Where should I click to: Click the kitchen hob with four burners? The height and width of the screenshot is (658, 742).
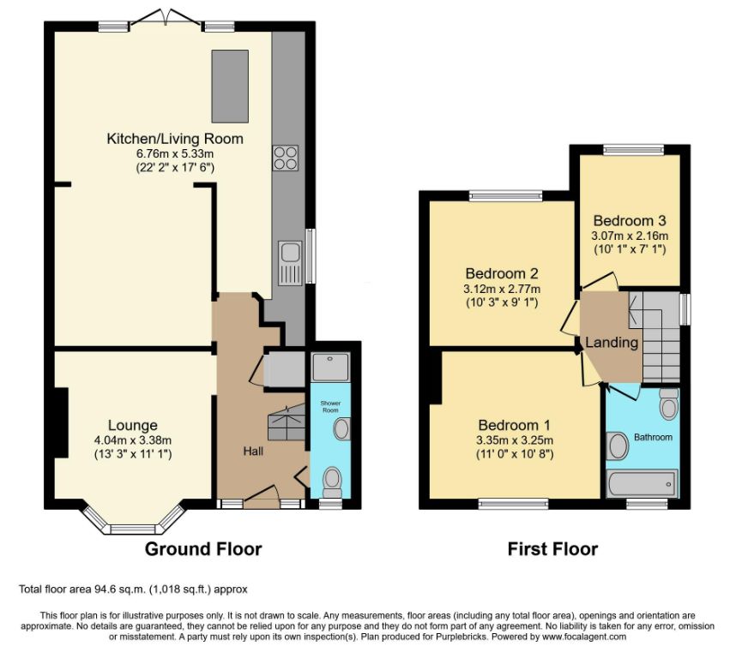[286, 158]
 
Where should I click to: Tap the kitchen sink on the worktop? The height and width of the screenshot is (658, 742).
[290, 263]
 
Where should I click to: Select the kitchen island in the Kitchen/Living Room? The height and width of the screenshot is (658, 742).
[230, 86]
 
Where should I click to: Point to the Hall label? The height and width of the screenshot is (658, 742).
[253, 451]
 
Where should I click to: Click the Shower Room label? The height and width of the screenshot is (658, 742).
[330, 406]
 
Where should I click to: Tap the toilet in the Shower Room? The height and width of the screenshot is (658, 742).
[332, 482]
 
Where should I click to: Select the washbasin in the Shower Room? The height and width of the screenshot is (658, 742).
[341, 428]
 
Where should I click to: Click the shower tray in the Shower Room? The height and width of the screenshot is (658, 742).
[331, 367]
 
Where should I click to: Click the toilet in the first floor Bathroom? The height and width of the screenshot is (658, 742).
[668, 404]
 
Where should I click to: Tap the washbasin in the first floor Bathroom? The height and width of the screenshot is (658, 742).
[617, 446]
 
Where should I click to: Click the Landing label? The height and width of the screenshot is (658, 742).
[612, 342]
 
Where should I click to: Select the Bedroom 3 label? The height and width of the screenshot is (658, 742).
[630, 220]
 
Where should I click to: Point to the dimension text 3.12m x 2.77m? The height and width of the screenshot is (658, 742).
[502, 289]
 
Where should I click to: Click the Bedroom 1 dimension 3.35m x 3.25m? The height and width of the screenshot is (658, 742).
[515, 440]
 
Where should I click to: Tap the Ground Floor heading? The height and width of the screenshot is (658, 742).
[203, 549]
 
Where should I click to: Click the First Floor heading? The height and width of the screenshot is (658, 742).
[552, 549]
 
